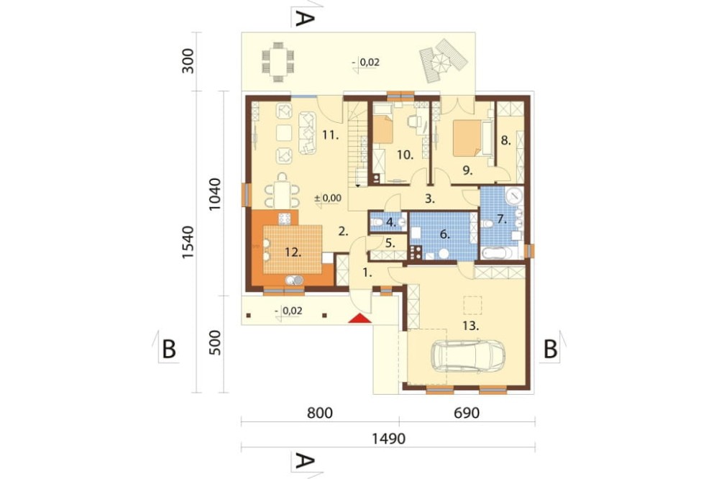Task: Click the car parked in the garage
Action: click(468, 355)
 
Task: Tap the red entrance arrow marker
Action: click(359, 318)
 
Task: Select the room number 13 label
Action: click(471, 326)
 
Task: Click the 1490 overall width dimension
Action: click(388, 439)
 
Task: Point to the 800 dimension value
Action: click(320, 413)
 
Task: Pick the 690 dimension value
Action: click(467, 413)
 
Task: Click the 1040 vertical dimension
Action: click(214, 193)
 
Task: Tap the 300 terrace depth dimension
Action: click(188, 60)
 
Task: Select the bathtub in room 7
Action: click(499, 252)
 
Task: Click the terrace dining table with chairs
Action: click(278, 62)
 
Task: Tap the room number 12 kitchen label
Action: click(293, 252)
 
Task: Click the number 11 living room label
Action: click(330, 135)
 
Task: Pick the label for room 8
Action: click(505, 140)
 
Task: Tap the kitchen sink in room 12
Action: click(294, 279)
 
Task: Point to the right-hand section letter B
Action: click(550, 349)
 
